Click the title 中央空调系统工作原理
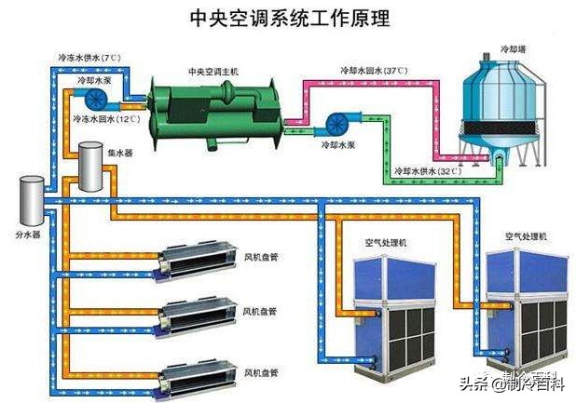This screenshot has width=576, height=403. coord(289,18)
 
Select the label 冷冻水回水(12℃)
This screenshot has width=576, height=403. coord(105,120)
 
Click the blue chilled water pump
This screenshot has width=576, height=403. coord(96,98)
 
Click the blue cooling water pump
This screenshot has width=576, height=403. coord(336,124)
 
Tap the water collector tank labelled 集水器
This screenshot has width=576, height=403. coord(90,165)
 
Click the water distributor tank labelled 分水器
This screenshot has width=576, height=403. coord(31,199)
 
